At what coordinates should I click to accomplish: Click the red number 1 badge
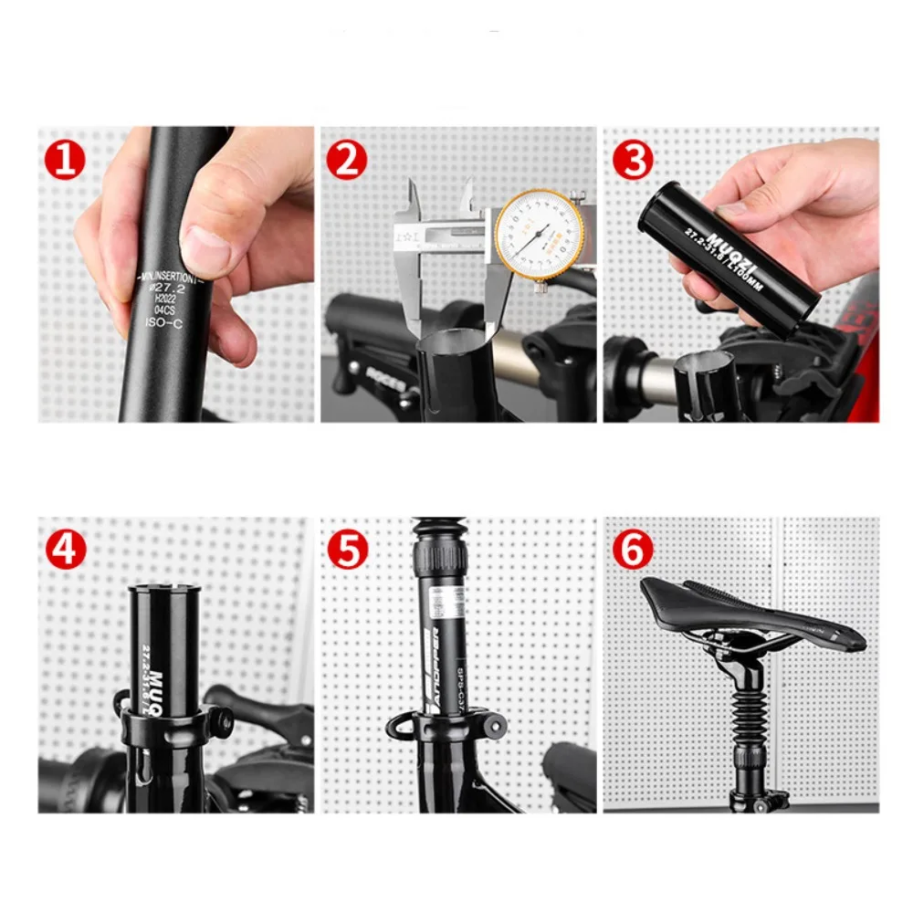tap(65, 161)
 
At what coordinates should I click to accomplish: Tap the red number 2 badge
tap(347, 161)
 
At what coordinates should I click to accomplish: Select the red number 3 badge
tap(633, 161)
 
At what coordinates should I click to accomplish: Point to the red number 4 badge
tap(65, 551)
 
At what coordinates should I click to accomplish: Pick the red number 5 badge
tap(347, 551)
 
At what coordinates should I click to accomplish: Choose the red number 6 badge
tap(633, 551)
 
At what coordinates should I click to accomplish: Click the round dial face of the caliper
tap(539, 234)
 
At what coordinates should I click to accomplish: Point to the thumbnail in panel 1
tap(203, 249)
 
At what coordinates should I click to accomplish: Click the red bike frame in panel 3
tap(863, 347)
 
